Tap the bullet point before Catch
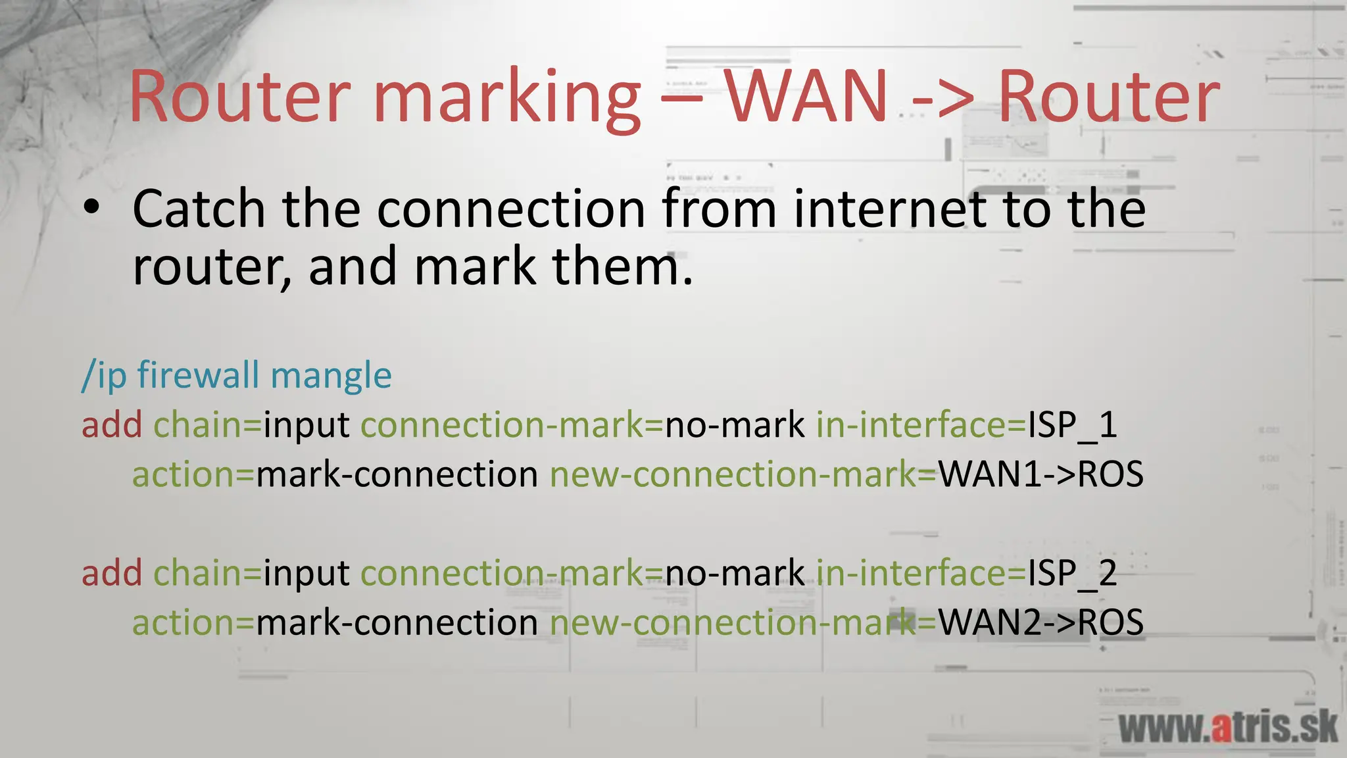click(x=91, y=207)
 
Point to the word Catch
click(x=199, y=209)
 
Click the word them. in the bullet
click(x=622, y=266)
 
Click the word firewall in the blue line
click(x=198, y=375)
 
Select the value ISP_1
click(x=1072, y=425)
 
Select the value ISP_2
click(x=1072, y=573)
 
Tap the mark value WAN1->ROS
click(x=1041, y=474)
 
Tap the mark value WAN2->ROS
click(x=1041, y=622)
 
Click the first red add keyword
click(x=112, y=425)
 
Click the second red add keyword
click(x=112, y=573)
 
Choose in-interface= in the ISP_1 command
click(x=921, y=425)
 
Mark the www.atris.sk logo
click(x=1227, y=728)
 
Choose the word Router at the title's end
click(x=1109, y=97)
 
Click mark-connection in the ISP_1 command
click(x=397, y=474)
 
